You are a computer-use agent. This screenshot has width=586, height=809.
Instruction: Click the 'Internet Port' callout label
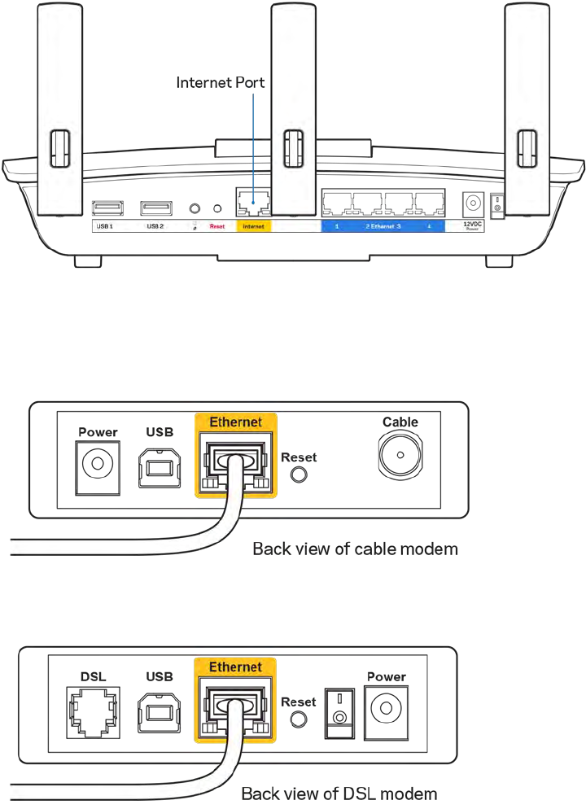(x=221, y=83)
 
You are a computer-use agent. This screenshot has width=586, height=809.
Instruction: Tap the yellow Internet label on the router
(x=253, y=226)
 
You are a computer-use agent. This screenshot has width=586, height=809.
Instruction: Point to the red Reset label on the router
(x=216, y=226)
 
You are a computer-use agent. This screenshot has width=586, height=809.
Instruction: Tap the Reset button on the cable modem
(x=299, y=475)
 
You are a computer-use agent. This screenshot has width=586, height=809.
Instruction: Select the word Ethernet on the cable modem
(x=235, y=422)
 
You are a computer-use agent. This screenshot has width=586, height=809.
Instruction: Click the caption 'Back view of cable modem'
(x=355, y=549)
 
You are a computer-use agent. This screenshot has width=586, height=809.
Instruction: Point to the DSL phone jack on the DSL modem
(x=90, y=709)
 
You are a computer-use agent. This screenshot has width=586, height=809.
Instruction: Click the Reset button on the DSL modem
(x=298, y=718)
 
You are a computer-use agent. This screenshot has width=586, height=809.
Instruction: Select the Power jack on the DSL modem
(x=386, y=711)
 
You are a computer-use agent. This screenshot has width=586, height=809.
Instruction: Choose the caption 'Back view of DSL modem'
(x=338, y=793)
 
